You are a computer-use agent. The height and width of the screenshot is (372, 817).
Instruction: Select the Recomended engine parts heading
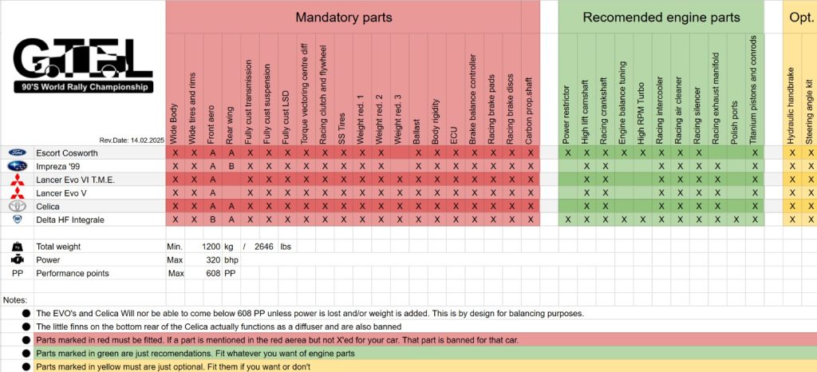coord(661,17)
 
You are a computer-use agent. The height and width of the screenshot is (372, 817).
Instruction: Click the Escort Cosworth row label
coord(67,152)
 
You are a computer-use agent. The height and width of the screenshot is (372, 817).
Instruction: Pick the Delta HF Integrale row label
coord(70,220)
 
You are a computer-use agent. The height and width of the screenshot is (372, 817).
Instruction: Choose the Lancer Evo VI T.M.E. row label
coord(76,180)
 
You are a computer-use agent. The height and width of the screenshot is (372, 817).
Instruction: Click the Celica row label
coord(49,206)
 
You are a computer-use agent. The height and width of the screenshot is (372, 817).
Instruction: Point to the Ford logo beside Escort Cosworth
coord(17,152)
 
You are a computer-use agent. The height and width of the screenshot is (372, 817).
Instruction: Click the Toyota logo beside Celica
coord(17,206)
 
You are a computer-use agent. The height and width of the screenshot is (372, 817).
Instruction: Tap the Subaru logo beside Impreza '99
coord(17,166)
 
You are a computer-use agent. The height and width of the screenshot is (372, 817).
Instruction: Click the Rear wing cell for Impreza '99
coord(231,166)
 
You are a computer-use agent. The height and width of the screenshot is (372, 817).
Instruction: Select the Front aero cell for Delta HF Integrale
coord(212,220)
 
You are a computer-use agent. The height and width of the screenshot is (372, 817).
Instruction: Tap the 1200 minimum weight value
coord(211,247)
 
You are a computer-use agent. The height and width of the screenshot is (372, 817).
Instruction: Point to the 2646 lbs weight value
coord(265,247)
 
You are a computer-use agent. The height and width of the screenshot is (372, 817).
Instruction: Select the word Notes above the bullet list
coord(15,300)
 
